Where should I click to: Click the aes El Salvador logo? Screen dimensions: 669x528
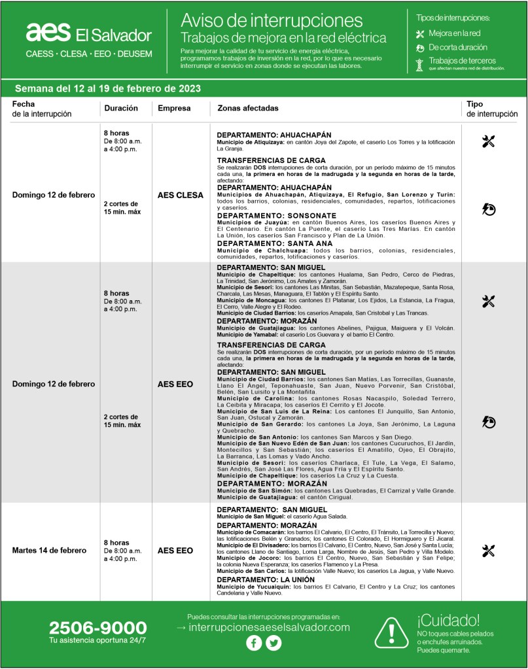tap(88, 33)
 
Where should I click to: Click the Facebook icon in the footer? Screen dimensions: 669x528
tap(254, 643)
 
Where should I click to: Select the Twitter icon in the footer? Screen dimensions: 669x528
tap(273, 643)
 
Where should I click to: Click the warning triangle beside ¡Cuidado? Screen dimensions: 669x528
tap(392, 632)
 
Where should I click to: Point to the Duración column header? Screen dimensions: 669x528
tap(120, 108)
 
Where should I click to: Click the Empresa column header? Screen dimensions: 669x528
tap(174, 108)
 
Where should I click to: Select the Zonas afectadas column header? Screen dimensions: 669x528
tap(247, 108)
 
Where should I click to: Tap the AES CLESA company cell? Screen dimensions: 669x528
tap(180, 196)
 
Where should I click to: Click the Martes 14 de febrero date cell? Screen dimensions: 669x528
tap(49, 551)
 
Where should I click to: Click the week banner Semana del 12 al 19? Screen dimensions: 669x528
tap(107, 88)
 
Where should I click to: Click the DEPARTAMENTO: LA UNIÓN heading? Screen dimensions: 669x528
tap(266, 579)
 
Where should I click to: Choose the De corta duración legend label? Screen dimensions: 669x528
tap(458, 47)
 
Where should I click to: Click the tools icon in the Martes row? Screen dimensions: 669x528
tap(488, 551)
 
